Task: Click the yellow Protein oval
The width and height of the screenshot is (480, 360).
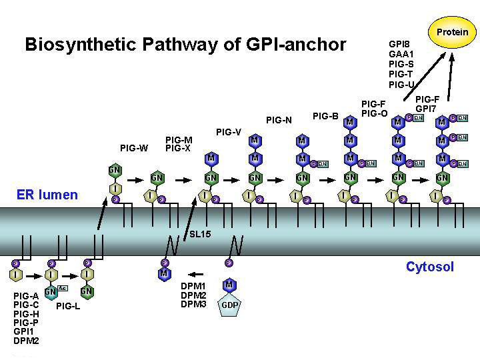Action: click(452, 32)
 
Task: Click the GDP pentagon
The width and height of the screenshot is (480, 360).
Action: click(229, 305)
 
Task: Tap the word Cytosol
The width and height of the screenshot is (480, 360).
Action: click(429, 267)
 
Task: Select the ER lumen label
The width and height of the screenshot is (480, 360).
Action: click(47, 195)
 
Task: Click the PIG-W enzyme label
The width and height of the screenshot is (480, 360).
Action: click(134, 148)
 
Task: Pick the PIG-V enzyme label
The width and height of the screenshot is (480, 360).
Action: click(228, 132)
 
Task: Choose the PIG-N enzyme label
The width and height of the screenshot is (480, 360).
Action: click(279, 121)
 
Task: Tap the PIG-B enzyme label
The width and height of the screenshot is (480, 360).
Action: click(325, 116)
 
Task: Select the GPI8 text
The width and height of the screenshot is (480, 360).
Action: click(399, 44)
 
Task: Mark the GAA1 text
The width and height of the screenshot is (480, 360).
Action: click(401, 54)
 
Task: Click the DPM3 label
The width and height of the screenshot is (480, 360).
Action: click(193, 305)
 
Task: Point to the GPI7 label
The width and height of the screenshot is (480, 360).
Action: click(426, 108)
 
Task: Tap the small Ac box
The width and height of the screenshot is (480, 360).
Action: click(63, 287)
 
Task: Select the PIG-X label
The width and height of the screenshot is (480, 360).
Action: click(178, 148)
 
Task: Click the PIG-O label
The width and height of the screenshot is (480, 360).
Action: click(374, 113)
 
